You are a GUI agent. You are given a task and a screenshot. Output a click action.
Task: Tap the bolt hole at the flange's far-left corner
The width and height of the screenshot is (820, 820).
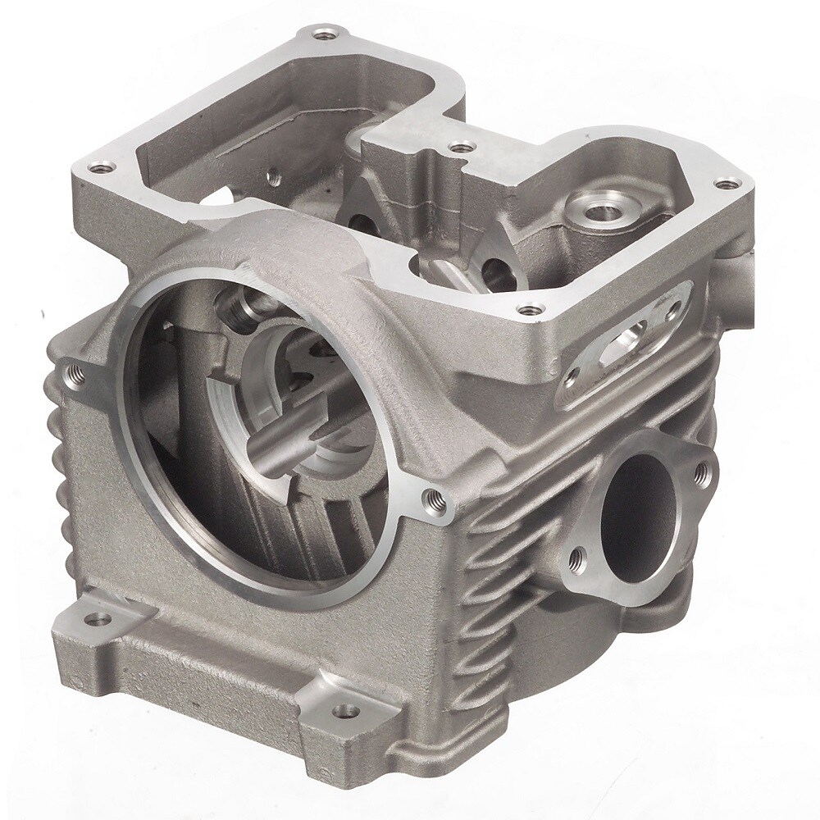coord(101,166)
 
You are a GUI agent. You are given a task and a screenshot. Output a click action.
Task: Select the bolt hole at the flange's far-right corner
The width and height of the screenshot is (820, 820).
coord(724,184)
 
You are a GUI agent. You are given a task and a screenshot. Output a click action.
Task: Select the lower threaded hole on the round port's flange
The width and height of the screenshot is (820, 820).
coord(581,558)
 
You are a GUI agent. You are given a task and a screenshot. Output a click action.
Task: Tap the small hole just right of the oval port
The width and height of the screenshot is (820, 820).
coord(673,310)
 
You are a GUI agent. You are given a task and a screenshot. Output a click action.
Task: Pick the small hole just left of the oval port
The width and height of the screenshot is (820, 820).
coord(570,378)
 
